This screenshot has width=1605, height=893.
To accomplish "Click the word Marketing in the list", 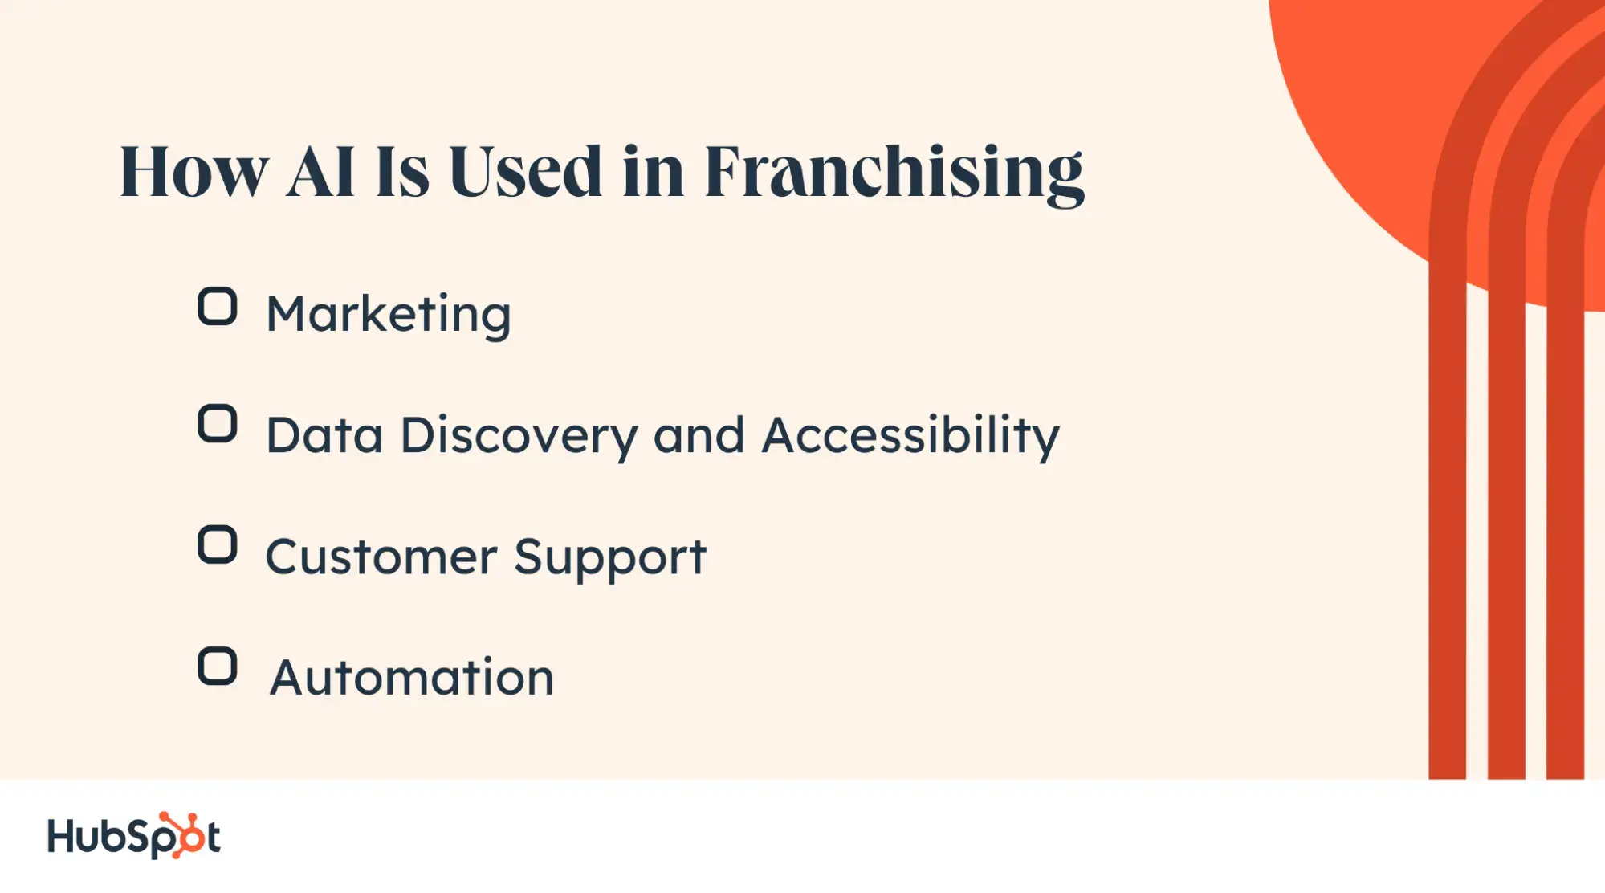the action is tap(389, 316).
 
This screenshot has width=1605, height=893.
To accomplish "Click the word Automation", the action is tap(412, 677).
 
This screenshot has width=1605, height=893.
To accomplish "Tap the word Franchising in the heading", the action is tap(894, 173).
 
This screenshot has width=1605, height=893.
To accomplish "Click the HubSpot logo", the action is tap(134, 836).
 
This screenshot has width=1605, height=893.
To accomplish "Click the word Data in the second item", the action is tap(324, 435).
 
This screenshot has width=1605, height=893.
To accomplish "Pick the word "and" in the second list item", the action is tap(699, 435).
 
